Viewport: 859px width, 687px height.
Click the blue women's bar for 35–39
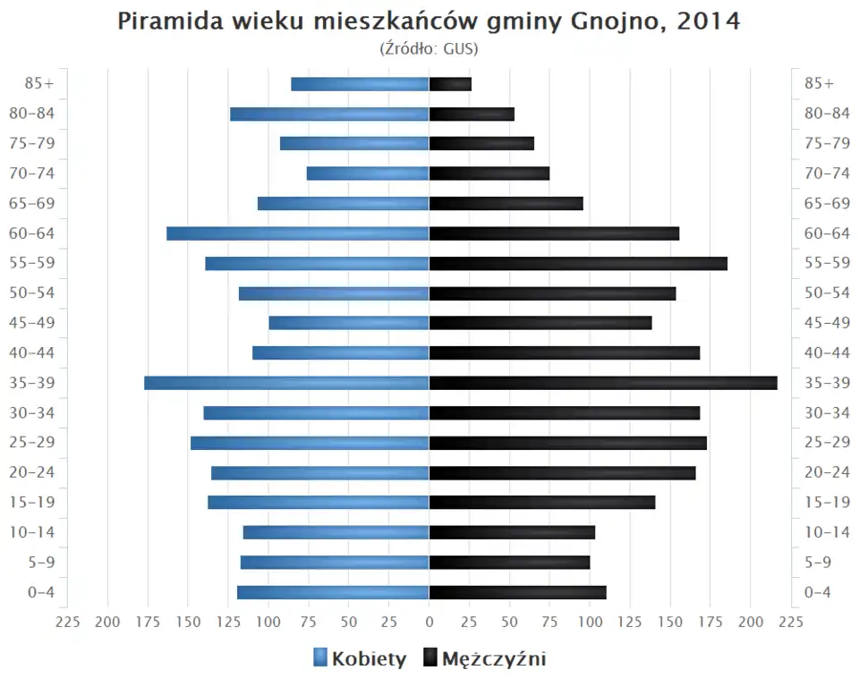click(x=286, y=383)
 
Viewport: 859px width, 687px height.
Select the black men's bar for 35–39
click(x=603, y=383)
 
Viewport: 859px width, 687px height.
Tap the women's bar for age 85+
click(x=360, y=84)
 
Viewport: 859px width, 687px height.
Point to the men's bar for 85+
click(x=450, y=84)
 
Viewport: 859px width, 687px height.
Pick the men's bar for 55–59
click(x=578, y=263)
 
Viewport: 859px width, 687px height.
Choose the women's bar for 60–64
click(x=297, y=233)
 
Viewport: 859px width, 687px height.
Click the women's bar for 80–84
click(x=329, y=114)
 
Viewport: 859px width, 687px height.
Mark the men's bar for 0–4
click(x=517, y=592)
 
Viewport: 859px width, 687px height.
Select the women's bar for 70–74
click(x=368, y=174)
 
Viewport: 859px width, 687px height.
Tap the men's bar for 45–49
click(x=540, y=323)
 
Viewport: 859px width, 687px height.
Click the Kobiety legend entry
click(x=360, y=659)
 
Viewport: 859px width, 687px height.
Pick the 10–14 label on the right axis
click(x=827, y=532)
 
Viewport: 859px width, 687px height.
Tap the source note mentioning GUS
click(x=429, y=48)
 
